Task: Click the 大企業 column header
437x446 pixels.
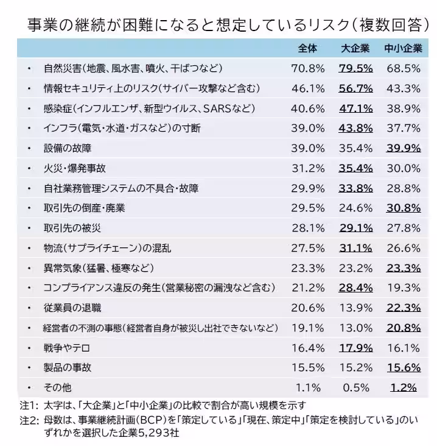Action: point(355,48)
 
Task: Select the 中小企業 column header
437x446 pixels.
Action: point(404,48)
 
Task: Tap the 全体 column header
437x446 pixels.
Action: point(308,48)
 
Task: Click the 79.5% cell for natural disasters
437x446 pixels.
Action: point(355,68)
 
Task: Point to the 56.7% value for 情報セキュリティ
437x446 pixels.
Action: point(355,88)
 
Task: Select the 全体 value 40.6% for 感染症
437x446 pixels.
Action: point(308,108)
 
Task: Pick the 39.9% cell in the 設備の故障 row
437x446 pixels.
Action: point(404,148)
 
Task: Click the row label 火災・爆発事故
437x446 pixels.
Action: point(74,168)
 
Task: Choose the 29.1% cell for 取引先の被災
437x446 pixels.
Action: point(355,228)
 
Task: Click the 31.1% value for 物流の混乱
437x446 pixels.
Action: point(355,248)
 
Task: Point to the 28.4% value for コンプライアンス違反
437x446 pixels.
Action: point(355,288)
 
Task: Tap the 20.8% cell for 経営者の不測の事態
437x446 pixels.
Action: point(404,328)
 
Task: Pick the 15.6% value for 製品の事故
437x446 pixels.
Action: point(404,367)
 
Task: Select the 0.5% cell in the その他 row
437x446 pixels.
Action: point(355,388)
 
